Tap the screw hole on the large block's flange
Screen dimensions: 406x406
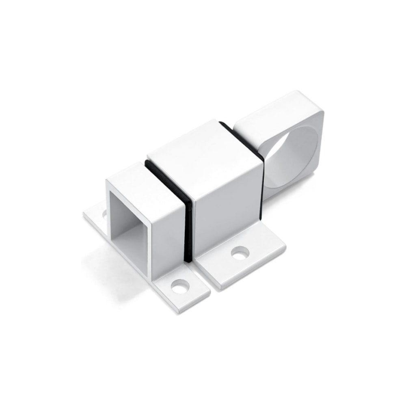coord(240,253)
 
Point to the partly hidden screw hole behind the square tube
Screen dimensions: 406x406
coord(104,212)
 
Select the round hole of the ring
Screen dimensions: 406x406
coord(294,156)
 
